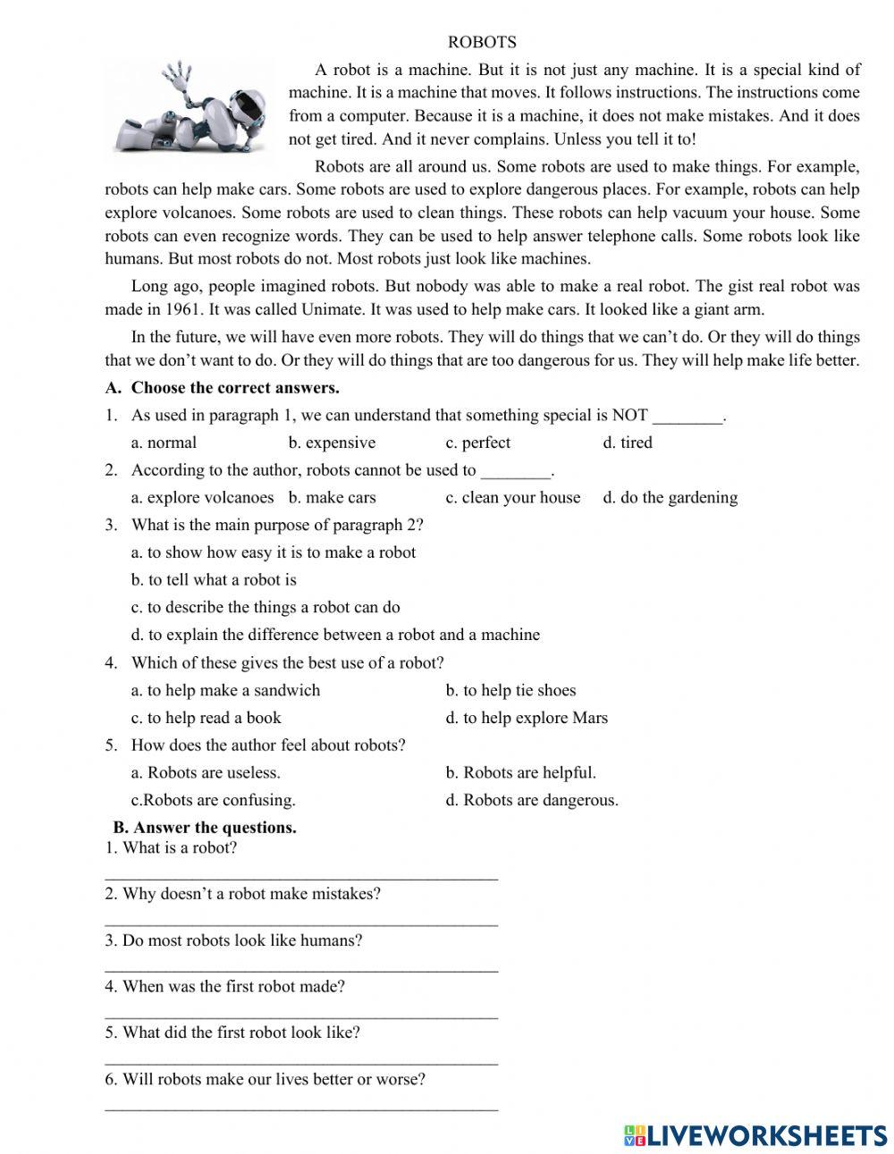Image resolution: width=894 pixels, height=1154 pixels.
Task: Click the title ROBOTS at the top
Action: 482,42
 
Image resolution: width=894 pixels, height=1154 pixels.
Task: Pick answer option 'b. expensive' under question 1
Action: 332,442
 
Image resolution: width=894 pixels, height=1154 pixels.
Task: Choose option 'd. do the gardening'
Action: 670,498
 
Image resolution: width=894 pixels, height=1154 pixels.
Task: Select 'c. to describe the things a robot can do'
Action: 266,607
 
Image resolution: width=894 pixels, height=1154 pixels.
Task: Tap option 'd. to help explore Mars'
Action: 527,718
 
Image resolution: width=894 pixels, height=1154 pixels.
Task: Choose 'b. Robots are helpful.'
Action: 520,772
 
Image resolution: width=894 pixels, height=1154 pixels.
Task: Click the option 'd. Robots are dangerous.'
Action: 532,800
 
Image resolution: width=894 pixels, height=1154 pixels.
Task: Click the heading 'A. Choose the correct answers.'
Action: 222,388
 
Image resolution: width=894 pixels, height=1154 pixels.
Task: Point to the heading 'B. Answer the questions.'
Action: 205,828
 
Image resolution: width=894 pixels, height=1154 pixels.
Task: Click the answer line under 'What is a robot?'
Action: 301,878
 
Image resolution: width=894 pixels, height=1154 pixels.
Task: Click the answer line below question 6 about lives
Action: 301,1109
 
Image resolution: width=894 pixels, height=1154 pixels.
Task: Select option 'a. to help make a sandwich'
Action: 225,690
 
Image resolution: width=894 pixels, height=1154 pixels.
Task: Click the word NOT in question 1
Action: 629,416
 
